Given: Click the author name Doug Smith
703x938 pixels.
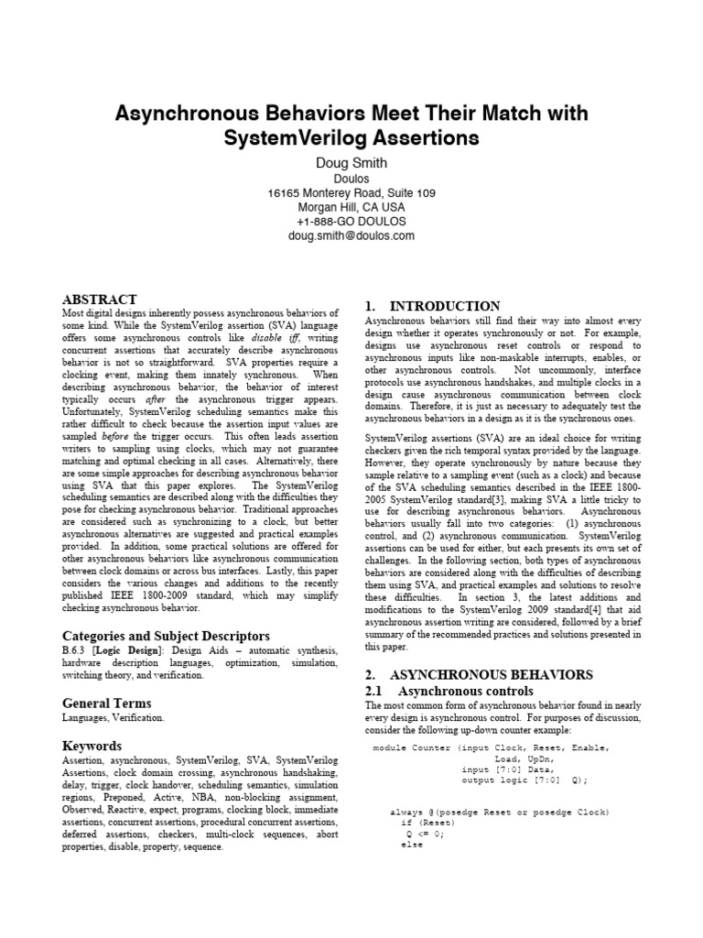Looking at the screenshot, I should (x=351, y=163).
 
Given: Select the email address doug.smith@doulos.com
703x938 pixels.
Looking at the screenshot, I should (x=351, y=235).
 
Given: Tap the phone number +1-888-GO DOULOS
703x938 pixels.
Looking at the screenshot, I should (x=351, y=222).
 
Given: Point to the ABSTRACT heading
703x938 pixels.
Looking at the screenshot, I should (x=99, y=300).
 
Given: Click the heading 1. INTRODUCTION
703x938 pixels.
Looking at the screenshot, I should (x=432, y=306).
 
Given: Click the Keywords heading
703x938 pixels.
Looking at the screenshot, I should (x=92, y=746).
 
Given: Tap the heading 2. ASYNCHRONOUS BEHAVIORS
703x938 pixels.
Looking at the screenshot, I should (x=479, y=674).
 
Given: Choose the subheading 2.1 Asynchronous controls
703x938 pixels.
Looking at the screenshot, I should (x=449, y=691).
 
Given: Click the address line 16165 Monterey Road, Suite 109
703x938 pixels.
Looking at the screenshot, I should (x=351, y=193).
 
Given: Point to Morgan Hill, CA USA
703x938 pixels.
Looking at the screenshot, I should (x=351, y=207).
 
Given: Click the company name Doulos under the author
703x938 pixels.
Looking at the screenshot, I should (x=351, y=179).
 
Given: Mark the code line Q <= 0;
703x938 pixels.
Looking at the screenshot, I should (x=425, y=834).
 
